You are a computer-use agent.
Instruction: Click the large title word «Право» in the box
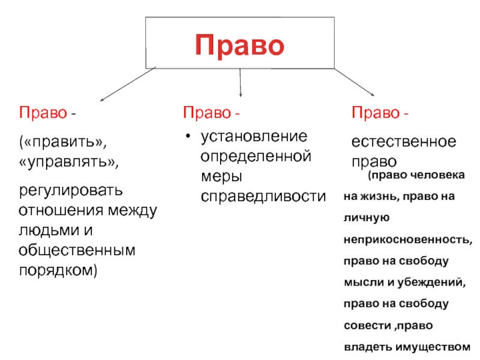tap(239, 45)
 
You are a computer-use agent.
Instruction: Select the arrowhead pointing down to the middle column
tap(241, 94)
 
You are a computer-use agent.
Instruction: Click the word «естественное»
tap(404, 143)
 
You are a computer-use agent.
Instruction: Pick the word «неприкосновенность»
tap(408, 239)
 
